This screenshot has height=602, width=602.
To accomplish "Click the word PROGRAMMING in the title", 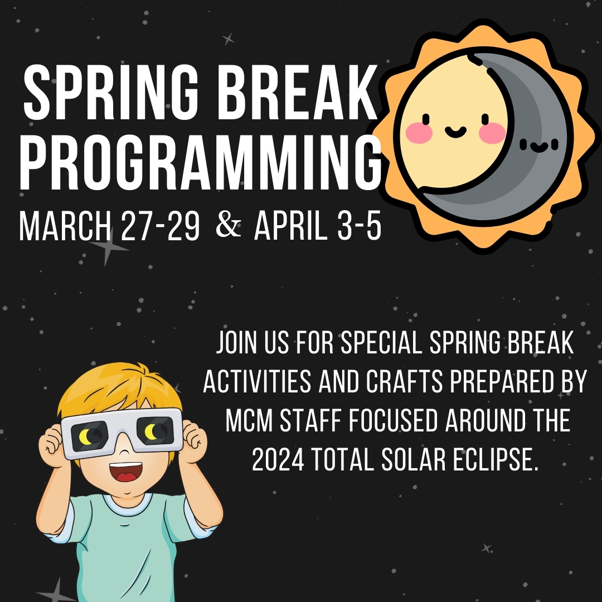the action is point(201,162).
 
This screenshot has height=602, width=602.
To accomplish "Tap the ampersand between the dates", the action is point(229,226).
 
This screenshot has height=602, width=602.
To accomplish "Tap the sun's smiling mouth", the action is point(456,132).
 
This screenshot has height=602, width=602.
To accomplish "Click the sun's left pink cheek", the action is point(419,133).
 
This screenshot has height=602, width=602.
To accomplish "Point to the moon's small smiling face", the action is point(539,145).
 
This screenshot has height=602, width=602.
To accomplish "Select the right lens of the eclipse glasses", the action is point(155,431).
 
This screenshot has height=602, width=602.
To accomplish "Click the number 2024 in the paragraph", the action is point(278,459).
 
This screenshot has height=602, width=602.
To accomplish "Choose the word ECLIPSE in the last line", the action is point(497,459).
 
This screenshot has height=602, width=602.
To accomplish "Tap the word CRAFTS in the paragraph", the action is point(404,381).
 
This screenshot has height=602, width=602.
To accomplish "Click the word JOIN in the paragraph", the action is point(236,342).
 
